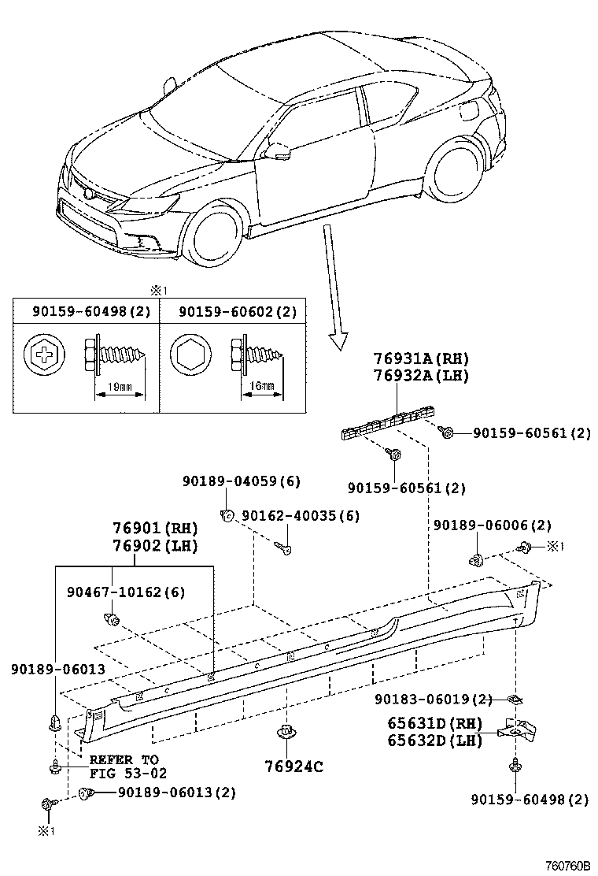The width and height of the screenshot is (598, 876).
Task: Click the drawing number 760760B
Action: tap(569, 866)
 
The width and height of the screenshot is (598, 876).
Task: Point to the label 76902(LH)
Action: tap(153, 545)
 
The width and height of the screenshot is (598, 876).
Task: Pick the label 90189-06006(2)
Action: tap(492, 525)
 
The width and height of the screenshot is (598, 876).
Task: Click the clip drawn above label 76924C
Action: tap(285, 733)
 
